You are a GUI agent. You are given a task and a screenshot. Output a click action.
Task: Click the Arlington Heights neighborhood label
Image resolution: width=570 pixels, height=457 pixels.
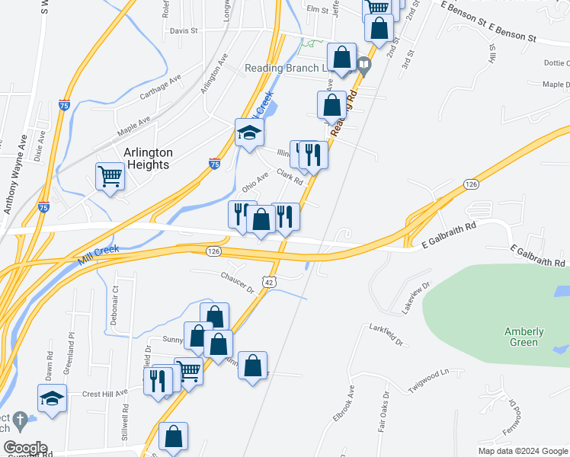(x=148, y=159)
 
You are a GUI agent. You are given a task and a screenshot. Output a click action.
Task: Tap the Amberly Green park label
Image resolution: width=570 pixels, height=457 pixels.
(x=524, y=337)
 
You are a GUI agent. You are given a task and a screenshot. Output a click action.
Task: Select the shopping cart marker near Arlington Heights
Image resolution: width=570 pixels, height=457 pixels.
(x=110, y=177)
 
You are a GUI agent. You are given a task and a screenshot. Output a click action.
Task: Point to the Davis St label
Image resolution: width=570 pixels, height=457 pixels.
(x=184, y=31)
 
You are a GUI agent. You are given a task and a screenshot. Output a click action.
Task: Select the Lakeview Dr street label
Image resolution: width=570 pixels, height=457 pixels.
(x=415, y=297)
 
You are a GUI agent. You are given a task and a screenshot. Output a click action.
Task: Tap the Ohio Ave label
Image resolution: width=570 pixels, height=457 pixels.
(x=255, y=182)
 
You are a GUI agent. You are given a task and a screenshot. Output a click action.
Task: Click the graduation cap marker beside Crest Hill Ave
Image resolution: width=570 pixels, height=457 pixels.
(x=52, y=398)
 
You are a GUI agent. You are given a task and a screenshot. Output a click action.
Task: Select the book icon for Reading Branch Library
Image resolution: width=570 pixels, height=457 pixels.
(x=364, y=67)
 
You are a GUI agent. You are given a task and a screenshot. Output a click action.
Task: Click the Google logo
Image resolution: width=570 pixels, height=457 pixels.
(x=24, y=448)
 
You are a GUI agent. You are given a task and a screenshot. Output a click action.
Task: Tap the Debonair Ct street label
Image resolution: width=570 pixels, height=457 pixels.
(x=115, y=302)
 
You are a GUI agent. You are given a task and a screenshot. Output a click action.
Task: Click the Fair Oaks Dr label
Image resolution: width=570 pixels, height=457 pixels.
(x=384, y=411)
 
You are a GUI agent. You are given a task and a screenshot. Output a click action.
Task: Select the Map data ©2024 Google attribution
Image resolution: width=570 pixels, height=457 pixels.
(x=522, y=451)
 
